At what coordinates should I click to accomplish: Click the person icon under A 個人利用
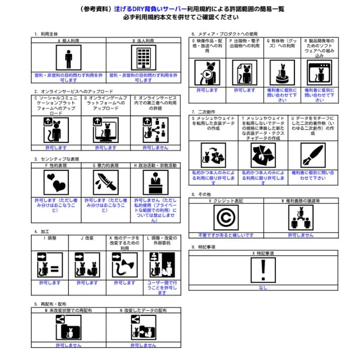(68, 58)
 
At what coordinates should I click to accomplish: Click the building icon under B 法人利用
(143, 58)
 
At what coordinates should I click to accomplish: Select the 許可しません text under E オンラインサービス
(156, 148)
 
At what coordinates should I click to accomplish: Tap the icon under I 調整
(49, 264)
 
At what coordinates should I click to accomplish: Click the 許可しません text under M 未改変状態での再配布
(68, 345)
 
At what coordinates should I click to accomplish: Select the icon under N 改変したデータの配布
(143, 330)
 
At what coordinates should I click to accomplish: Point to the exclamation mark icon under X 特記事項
(263, 270)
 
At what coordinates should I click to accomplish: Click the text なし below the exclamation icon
(263, 288)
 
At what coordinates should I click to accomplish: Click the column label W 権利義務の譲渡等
(301, 200)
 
